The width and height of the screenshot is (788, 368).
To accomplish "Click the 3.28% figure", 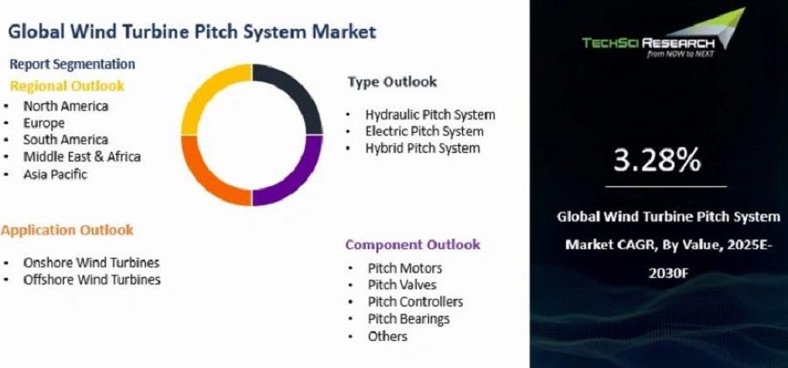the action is [656, 161].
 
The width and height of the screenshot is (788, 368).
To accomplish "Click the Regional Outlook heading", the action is [67, 86].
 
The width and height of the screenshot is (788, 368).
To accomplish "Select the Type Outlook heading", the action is [392, 82].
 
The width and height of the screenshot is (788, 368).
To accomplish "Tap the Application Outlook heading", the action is [67, 230].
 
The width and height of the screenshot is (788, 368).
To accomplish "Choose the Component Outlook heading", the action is [412, 245].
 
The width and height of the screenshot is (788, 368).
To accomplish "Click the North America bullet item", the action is [66, 106].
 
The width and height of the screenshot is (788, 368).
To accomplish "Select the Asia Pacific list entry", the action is [55, 175].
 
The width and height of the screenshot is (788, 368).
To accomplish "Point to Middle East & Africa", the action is [82, 156].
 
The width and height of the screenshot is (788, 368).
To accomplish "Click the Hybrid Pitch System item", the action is [423, 149].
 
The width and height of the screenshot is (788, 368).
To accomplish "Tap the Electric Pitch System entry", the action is [425, 132].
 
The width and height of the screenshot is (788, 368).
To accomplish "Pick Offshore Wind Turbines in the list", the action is [92, 280].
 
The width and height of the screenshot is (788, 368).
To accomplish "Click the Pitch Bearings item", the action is [409, 319].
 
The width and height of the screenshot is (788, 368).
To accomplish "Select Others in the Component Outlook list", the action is [388, 336].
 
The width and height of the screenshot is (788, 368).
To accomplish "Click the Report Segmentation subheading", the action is [73, 65].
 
